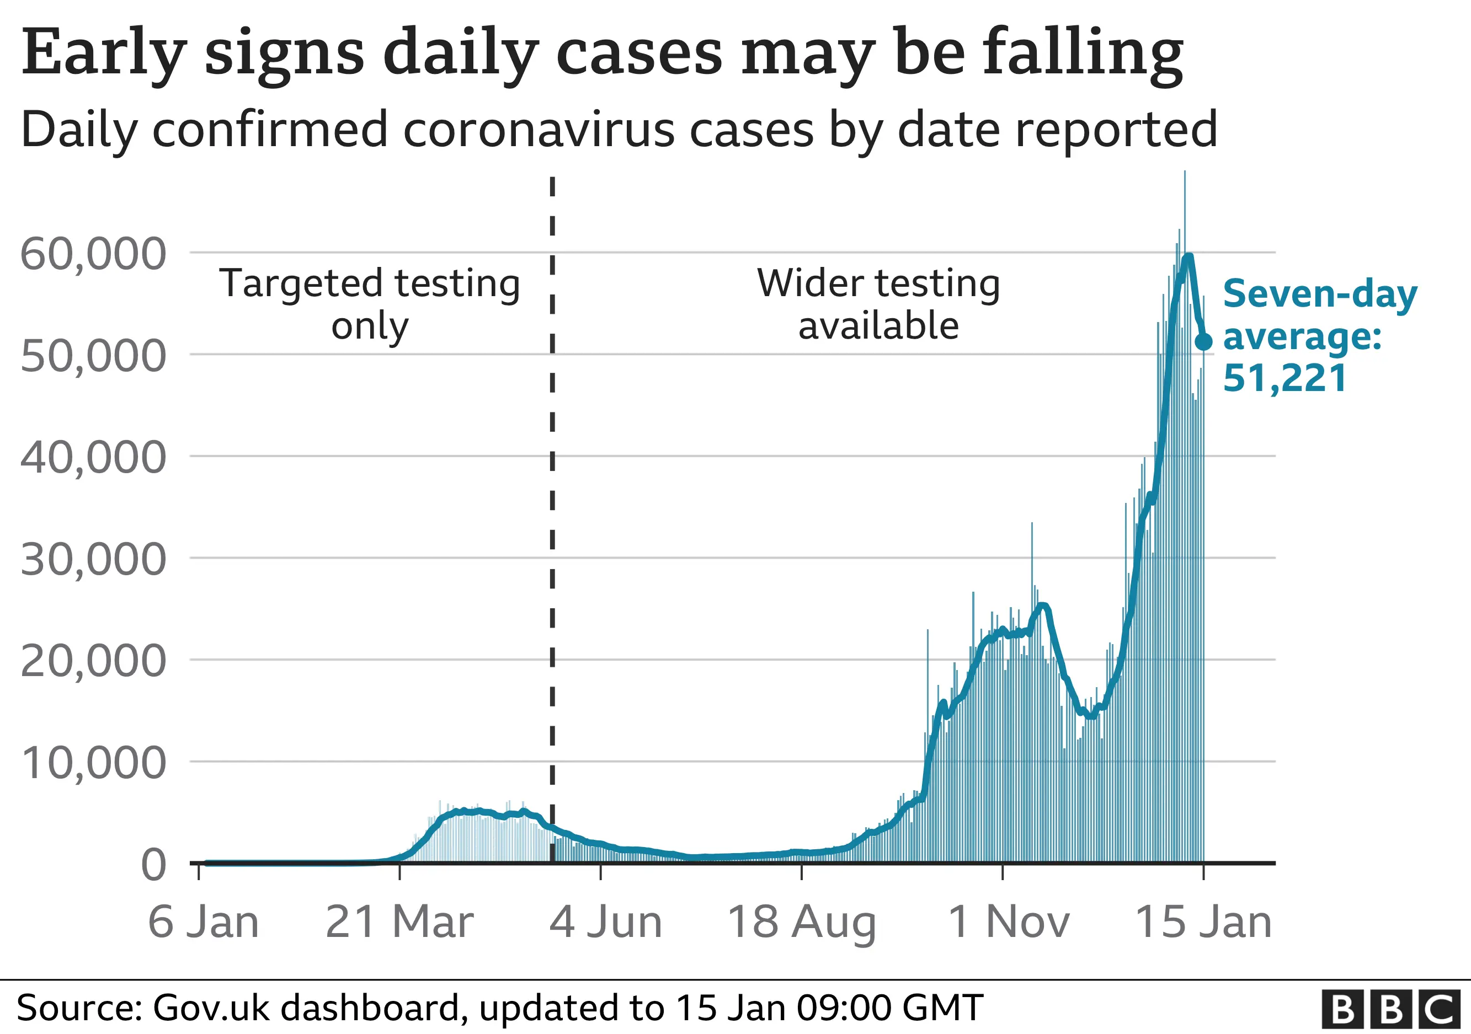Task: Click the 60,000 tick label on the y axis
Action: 94,254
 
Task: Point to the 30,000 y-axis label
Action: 94,560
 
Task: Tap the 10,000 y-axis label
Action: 94,763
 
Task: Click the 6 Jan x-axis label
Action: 204,923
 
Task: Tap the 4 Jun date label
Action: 605,923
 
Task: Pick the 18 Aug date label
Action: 802,923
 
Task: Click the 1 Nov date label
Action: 1009,923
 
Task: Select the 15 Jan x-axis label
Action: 1203,923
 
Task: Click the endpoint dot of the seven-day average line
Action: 1204,342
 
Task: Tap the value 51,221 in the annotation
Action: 1285,378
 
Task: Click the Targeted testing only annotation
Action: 370,304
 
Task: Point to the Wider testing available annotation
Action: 878,304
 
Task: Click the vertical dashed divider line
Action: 552,512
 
